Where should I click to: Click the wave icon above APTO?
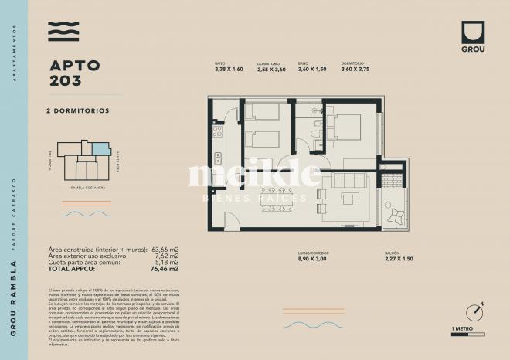click(64, 32)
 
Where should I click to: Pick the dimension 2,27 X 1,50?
click(399, 260)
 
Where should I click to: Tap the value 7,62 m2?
click(167, 256)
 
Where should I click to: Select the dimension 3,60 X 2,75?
click(355, 70)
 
